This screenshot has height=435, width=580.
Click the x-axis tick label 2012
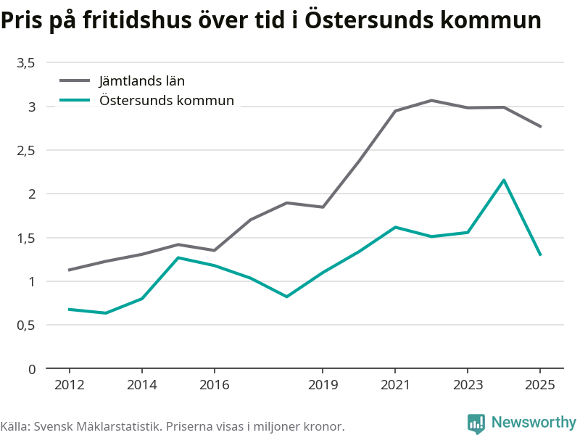tap(69, 385)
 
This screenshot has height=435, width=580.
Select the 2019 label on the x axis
tap(323, 385)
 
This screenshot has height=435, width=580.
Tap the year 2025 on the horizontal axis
tap(540, 385)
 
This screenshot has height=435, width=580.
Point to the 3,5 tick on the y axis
tap(26, 63)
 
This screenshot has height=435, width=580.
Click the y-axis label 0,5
tap(26, 326)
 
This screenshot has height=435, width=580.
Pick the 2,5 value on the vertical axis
tap(26, 151)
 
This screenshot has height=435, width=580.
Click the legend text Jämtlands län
tap(141, 81)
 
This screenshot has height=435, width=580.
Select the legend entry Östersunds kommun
tap(167, 100)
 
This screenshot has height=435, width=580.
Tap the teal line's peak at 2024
tap(504, 180)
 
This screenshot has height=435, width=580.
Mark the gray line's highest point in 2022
tap(431, 100)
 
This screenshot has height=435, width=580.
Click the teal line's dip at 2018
tap(286, 297)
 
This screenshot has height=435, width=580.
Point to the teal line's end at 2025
tap(540, 255)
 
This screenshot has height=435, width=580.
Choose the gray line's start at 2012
tap(69, 270)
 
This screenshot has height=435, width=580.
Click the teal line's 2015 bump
tap(178, 257)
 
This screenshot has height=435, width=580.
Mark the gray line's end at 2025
tap(540, 126)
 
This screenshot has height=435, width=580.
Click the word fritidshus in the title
tap(137, 20)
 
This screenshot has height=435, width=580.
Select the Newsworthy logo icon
tap(476, 423)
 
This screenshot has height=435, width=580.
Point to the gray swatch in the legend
tap(75, 80)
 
